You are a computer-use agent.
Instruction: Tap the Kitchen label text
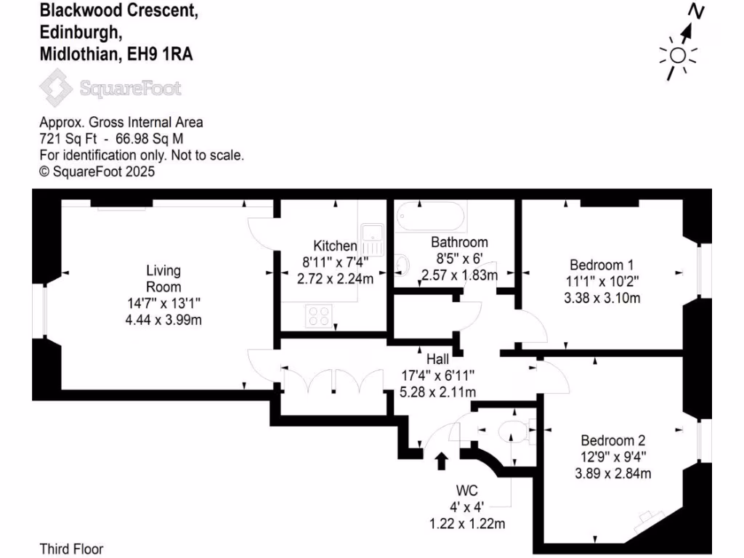click(335, 246)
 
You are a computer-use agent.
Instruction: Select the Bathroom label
click(459, 242)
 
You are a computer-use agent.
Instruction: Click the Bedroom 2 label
click(613, 440)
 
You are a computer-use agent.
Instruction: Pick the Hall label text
click(438, 359)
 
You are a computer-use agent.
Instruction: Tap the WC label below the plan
click(466, 489)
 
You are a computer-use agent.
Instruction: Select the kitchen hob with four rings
click(318, 315)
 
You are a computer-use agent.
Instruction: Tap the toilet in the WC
click(512, 431)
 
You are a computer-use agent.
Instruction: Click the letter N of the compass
click(697, 12)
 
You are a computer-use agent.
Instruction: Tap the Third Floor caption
click(71, 549)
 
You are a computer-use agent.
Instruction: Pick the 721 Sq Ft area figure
click(63, 138)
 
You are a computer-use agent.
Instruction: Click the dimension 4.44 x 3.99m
click(163, 320)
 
